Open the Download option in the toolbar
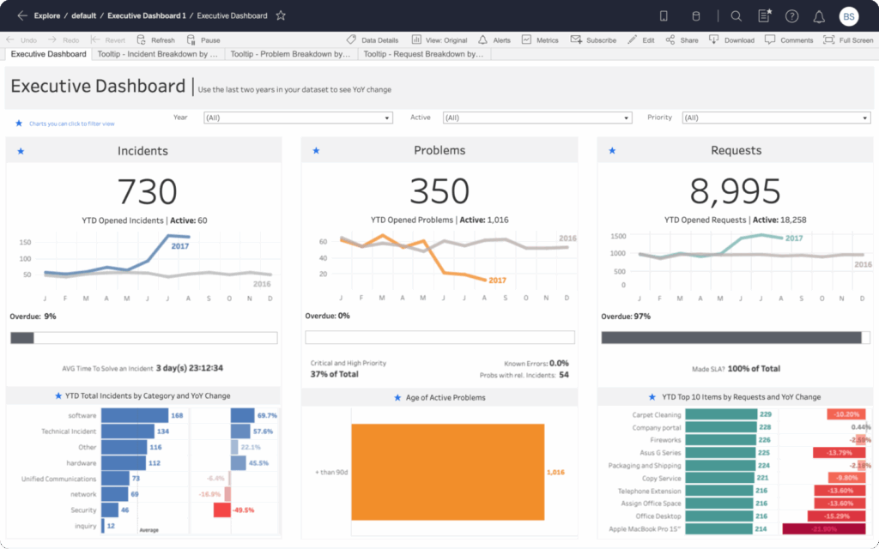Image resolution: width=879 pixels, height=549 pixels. click(732, 40)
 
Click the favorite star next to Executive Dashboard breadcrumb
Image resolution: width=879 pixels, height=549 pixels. click(281, 15)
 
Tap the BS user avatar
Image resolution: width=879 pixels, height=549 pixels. click(848, 15)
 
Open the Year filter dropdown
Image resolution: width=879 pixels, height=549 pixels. click(298, 118)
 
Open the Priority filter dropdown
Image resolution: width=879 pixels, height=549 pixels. click(776, 118)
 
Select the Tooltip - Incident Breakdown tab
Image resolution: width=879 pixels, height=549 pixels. click(157, 54)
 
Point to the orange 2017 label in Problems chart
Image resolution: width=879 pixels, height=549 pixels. click(497, 281)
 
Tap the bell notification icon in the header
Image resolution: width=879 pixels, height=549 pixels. click(818, 15)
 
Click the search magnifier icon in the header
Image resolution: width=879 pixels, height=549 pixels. click(736, 15)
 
